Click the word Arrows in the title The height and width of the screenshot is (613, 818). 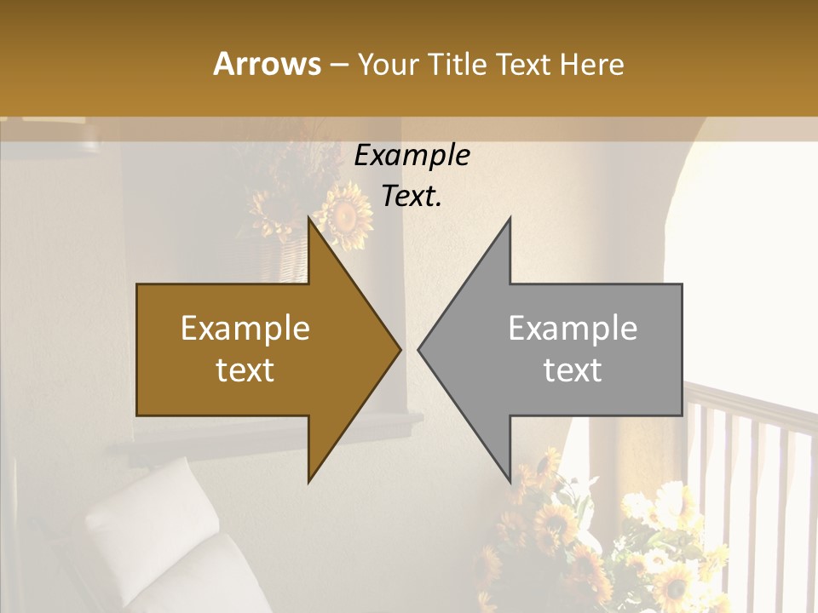point(268,64)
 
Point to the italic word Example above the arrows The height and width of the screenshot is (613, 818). point(412,156)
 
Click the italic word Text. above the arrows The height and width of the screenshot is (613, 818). point(412,197)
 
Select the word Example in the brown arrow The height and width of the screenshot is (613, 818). point(245,329)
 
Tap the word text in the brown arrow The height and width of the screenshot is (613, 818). point(245,370)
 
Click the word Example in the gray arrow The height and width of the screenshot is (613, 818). point(573,329)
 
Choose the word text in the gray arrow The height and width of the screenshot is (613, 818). point(573,370)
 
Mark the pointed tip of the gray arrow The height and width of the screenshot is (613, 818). point(419,349)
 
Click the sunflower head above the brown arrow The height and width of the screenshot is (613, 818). point(343,216)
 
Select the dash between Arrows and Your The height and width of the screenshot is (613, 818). point(338,65)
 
